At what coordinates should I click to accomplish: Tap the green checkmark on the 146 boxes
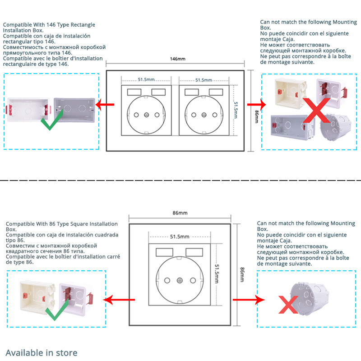51,120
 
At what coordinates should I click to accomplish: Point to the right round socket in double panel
204,115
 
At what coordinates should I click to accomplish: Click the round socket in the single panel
180,279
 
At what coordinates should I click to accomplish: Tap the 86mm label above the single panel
180,212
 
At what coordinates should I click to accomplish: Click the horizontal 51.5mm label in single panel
180,236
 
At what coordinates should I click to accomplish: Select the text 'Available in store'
42,353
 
